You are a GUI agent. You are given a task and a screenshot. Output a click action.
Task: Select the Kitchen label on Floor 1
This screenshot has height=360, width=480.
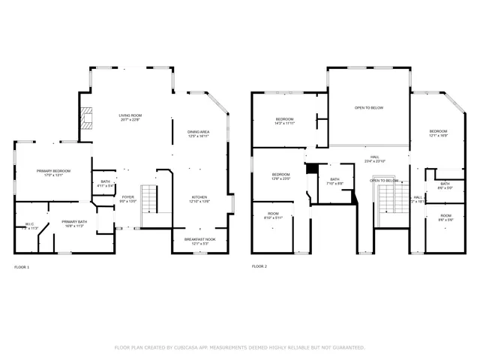(199, 199)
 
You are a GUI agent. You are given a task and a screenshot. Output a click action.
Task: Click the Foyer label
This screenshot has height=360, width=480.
(128, 199)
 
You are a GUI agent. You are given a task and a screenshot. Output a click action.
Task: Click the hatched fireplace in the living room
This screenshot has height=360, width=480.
(88, 118)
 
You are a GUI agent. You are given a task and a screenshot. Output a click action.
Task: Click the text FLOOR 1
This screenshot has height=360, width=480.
(22, 266)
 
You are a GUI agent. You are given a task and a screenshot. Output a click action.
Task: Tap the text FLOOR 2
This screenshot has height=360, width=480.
(259, 266)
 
